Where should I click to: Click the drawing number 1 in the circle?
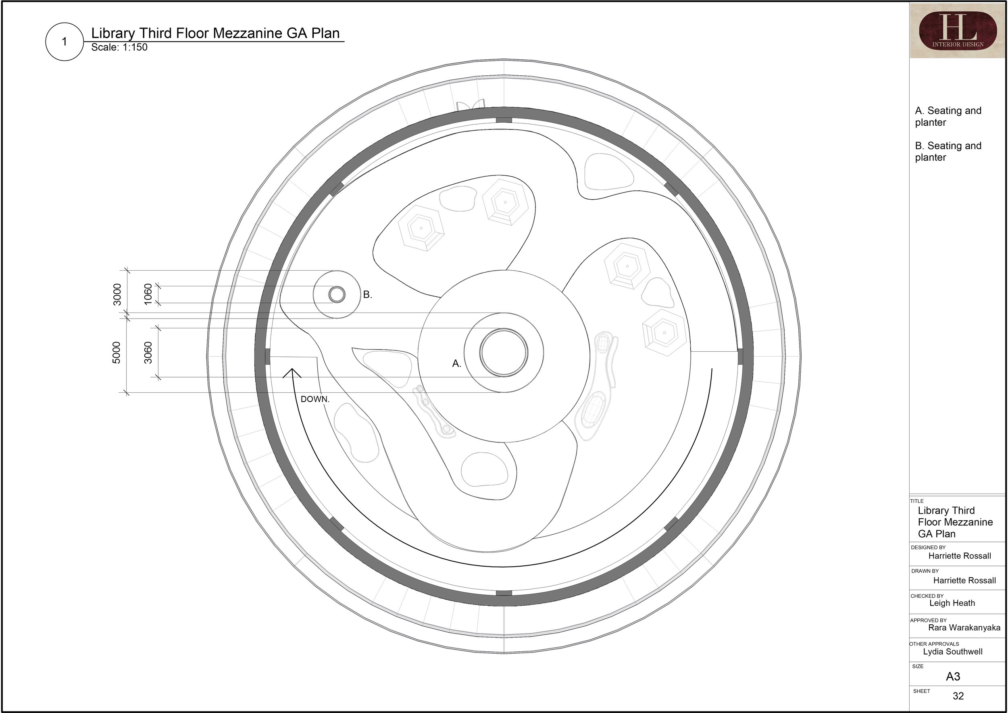coord(65,42)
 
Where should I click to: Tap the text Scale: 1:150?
coord(119,48)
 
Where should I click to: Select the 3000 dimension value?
coord(117,294)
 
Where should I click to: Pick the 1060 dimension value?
coord(148,294)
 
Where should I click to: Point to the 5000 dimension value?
coord(117,352)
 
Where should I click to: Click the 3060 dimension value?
coord(148,352)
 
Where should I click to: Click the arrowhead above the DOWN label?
coord(292,373)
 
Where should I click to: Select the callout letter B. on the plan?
coord(367,295)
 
